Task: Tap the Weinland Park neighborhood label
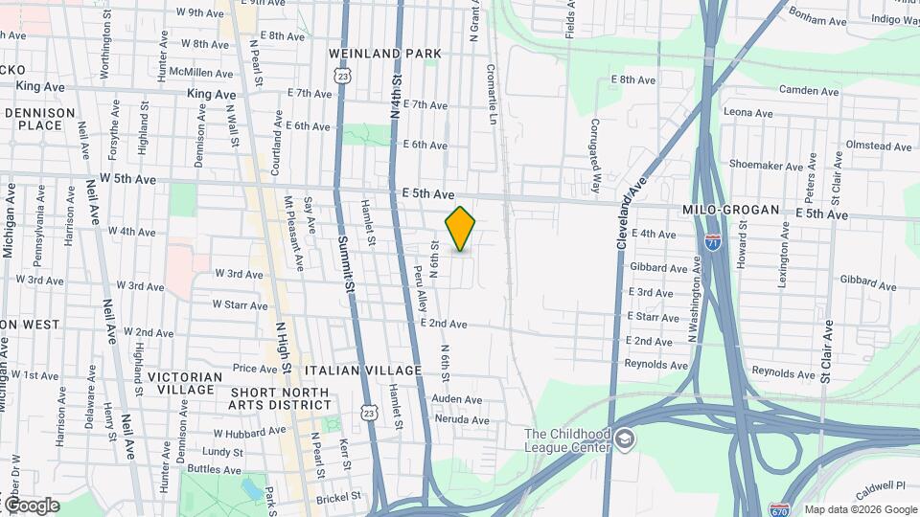384,54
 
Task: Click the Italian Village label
363,371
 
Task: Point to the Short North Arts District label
278,399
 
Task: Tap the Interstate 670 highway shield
779,510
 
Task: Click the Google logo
31,506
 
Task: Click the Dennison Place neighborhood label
34,119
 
